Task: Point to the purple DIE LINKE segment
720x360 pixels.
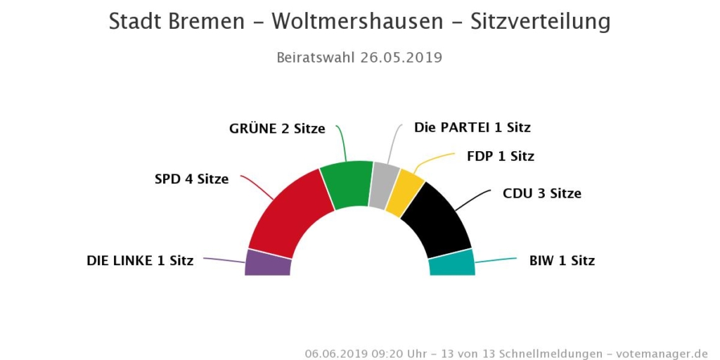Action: click(268, 263)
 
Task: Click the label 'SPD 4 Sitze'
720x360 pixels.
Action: click(191, 179)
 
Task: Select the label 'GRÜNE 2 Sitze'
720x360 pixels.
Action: click(277, 129)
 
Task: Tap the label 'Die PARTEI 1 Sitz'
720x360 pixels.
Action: click(472, 128)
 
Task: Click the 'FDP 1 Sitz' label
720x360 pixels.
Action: click(501, 156)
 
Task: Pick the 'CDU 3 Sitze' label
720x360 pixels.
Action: click(542, 193)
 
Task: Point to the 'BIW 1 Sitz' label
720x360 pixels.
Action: click(562, 261)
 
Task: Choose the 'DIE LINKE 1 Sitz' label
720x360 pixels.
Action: click(140, 260)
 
